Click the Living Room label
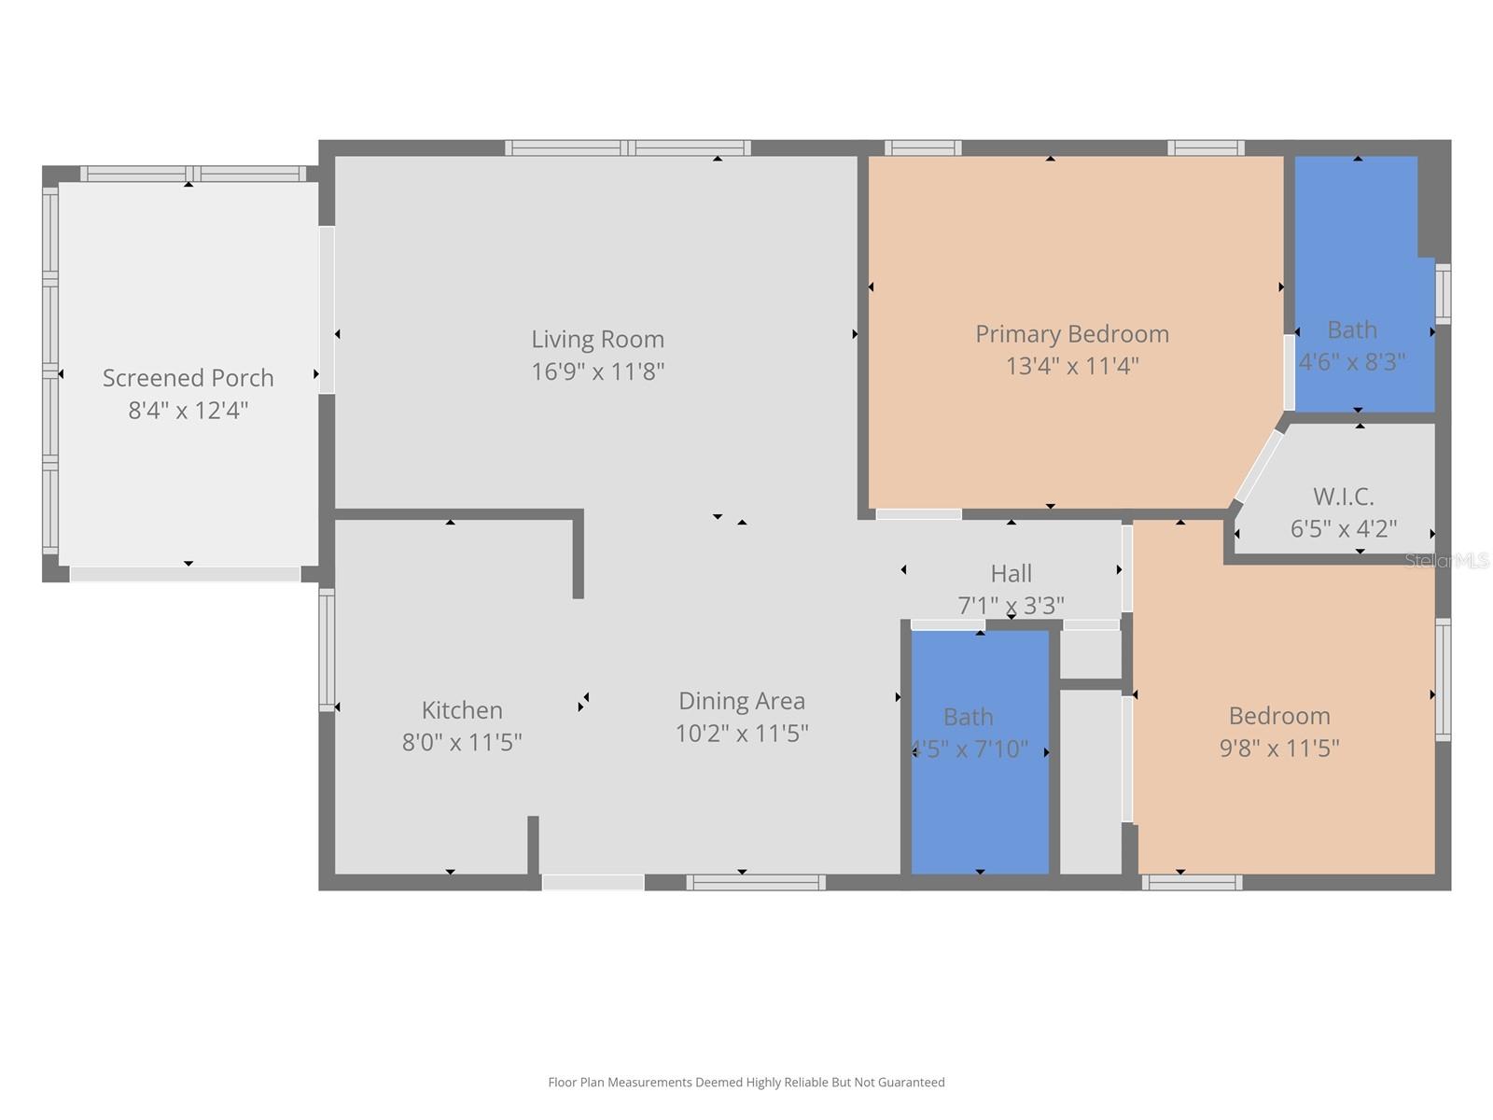597,339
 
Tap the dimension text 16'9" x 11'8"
597,371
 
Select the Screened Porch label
188,378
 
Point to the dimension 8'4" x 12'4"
188,411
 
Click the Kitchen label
462,710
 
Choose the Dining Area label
741,701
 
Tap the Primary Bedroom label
1072,334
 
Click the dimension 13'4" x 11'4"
1072,366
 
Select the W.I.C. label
1343,497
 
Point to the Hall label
1011,573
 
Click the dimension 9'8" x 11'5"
1278,748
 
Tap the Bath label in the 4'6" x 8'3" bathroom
1351,330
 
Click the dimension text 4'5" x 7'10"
969,749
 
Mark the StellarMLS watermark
1446,561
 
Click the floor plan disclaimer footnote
746,1083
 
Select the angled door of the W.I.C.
1258,467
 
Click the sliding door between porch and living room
327,310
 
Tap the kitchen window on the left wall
327,650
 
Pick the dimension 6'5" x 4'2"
1343,529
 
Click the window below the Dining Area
756,882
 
